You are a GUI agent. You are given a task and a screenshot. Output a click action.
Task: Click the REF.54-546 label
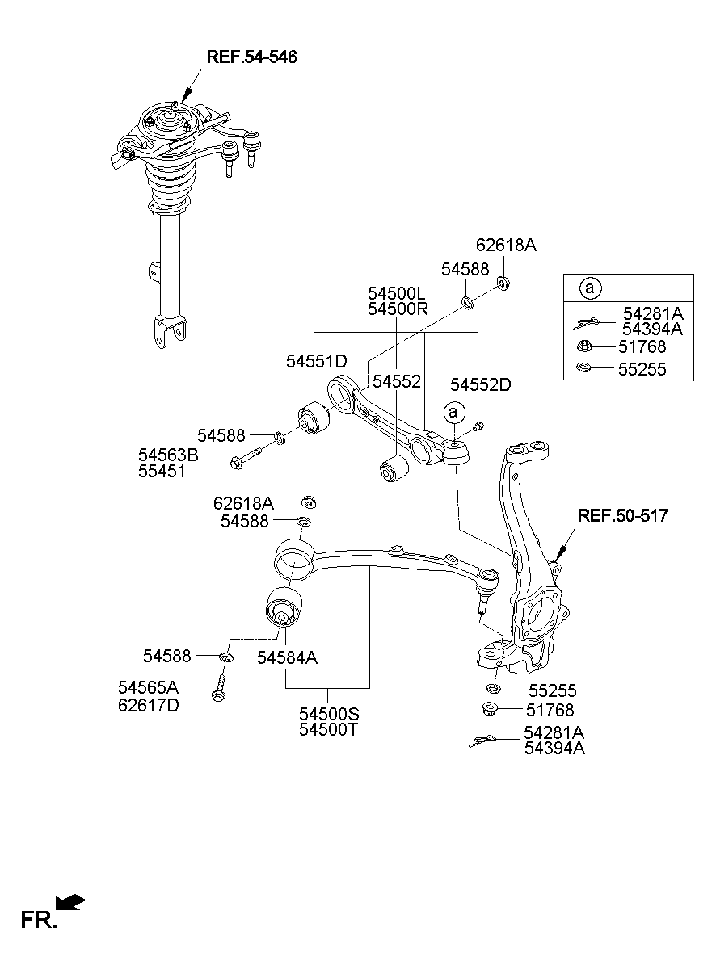point(251,57)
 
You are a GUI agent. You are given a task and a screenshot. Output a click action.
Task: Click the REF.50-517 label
point(622,515)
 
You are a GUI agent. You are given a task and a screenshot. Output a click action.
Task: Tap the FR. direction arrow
point(71,902)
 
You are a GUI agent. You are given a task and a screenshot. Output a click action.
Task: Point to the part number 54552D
point(480,384)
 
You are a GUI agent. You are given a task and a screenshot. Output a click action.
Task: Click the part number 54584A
point(287,658)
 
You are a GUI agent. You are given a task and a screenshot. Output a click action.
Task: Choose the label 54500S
point(328,714)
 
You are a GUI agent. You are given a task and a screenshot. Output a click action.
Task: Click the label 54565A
point(148,687)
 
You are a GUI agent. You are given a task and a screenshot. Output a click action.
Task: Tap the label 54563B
point(167,455)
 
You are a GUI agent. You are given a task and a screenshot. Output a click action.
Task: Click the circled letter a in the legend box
point(590,288)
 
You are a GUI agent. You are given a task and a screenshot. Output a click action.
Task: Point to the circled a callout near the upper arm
point(453,412)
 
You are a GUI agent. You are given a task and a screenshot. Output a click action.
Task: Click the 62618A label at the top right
point(506,245)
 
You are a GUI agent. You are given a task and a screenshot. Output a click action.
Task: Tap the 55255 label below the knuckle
point(552,691)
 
